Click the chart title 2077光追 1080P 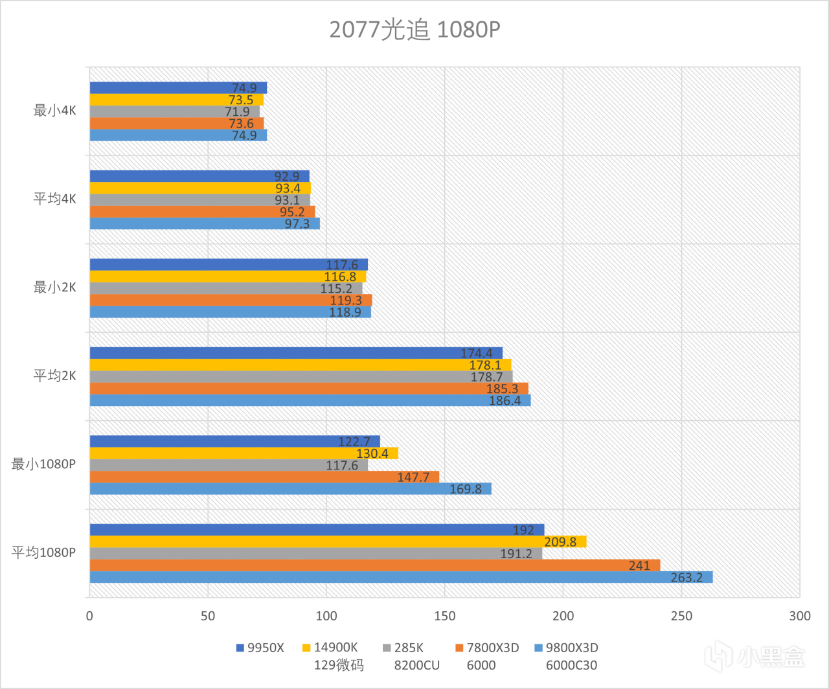(414, 30)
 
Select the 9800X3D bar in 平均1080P (401, 577)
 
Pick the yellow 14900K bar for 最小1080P (244, 453)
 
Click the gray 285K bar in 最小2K (225, 288)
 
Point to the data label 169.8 (466, 489)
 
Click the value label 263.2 (687, 577)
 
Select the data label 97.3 (297, 224)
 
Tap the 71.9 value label (237, 112)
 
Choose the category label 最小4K (55, 111)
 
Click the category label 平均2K (55, 376)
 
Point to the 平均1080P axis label (43, 552)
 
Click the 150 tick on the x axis (444, 616)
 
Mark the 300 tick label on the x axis (800, 616)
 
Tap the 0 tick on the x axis (89, 616)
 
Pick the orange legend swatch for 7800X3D (460, 648)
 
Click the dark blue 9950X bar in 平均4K (199, 176)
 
